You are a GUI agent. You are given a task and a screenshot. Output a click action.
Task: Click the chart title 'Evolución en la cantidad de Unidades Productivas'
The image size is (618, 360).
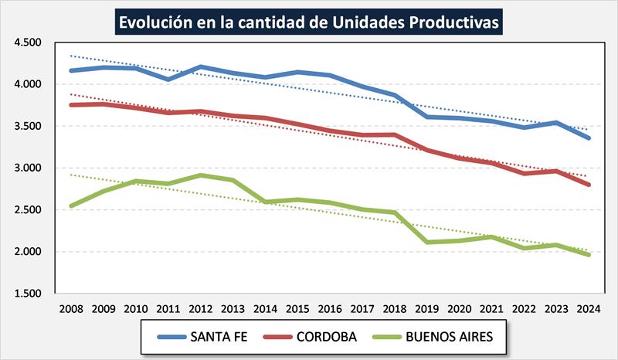(309, 22)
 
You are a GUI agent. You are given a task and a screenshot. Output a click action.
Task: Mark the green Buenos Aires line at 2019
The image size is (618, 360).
(427, 242)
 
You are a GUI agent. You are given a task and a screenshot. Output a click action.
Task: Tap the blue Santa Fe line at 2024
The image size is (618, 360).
(589, 138)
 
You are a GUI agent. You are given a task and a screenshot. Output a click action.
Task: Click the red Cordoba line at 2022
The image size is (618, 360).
(525, 173)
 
